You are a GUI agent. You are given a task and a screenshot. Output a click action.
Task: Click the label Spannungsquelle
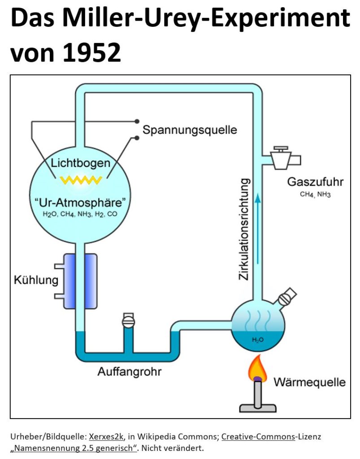[x=190, y=130]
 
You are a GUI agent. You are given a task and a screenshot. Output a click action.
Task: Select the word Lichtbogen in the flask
[x=81, y=163]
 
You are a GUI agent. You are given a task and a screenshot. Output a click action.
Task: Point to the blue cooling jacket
[x=80, y=281]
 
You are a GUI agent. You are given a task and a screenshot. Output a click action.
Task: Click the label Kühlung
[x=36, y=280]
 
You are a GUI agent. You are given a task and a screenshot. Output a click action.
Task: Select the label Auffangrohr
[x=130, y=372]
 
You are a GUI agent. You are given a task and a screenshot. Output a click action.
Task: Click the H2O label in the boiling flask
[x=258, y=340]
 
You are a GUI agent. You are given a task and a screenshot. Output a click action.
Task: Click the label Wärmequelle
[x=310, y=382]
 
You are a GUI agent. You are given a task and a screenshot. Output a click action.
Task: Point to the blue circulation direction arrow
[x=258, y=228]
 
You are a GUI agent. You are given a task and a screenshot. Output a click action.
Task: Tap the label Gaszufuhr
[x=315, y=182]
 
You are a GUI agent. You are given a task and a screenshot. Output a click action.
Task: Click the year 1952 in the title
[x=91, y=52]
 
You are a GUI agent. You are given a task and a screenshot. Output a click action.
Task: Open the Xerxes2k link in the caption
[x=106, y=437]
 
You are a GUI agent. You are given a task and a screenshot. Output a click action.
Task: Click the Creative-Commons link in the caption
[x=258, y=437]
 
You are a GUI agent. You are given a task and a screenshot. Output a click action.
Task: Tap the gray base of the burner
[x=258, y=408]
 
